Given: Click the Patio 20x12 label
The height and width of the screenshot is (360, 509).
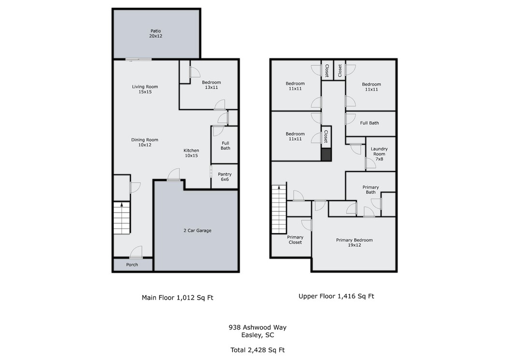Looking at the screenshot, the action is pos(156,33).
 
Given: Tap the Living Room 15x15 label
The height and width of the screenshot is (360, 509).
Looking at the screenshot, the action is pos(145,89).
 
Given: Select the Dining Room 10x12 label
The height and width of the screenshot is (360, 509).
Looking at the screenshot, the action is pos(145,143).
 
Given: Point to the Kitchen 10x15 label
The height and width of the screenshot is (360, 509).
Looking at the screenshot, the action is pos(191,153).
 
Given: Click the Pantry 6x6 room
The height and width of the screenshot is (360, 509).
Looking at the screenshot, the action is pos(225,176).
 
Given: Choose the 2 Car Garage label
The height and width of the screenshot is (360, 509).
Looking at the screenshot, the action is pos(198,230).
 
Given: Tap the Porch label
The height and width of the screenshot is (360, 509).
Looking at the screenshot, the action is pos(132,265).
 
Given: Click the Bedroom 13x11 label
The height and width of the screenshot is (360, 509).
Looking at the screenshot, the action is pos(212,85).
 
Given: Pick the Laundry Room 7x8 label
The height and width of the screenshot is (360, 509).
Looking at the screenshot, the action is pos(379,154).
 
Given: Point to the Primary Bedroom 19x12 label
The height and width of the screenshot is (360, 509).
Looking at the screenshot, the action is pos(354,243).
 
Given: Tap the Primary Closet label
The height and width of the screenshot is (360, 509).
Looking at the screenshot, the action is pos(295,240).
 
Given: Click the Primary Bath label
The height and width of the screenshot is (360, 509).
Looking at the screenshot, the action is pos(371,190).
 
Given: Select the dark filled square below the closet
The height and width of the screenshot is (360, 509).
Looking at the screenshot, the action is pos(326,155).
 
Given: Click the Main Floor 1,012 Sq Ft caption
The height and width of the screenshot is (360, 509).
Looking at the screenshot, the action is pos(178,298).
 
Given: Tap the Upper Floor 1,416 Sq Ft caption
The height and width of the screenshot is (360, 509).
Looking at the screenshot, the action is pos(336,296).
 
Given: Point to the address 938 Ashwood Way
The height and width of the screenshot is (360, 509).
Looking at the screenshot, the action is pos(258,328).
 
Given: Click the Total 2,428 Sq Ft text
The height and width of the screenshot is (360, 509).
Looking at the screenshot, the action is pos(258,350).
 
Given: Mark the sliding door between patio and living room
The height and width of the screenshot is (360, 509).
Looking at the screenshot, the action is pos(139,59).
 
